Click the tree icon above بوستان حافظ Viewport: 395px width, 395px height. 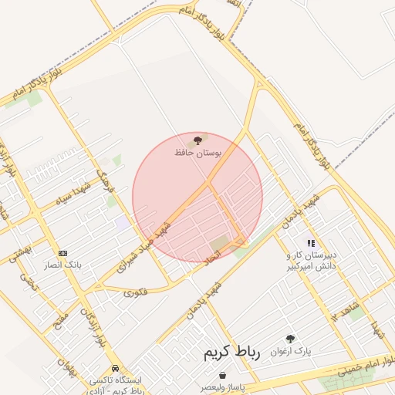pyautogui.click(x=197, y=140)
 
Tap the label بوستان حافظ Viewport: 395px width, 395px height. pyautogui.click(x=197, y=154)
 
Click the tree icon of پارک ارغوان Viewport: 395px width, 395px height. pyautogui.click(x=290, y=338)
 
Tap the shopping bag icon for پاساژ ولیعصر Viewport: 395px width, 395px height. pyautogui.click(x=222, y=375)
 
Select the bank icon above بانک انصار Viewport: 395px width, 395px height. pyautogui.click(x=62, y=252)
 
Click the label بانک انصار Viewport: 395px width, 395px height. pyautogui.click(x=62, y=265)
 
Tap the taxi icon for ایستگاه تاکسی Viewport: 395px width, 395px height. pyautogui.click(x=115, y=369)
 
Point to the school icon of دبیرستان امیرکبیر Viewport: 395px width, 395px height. pyautogui.click(x=311, y=243)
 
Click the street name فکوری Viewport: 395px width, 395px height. pyautogui.click(x=135, y=292)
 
